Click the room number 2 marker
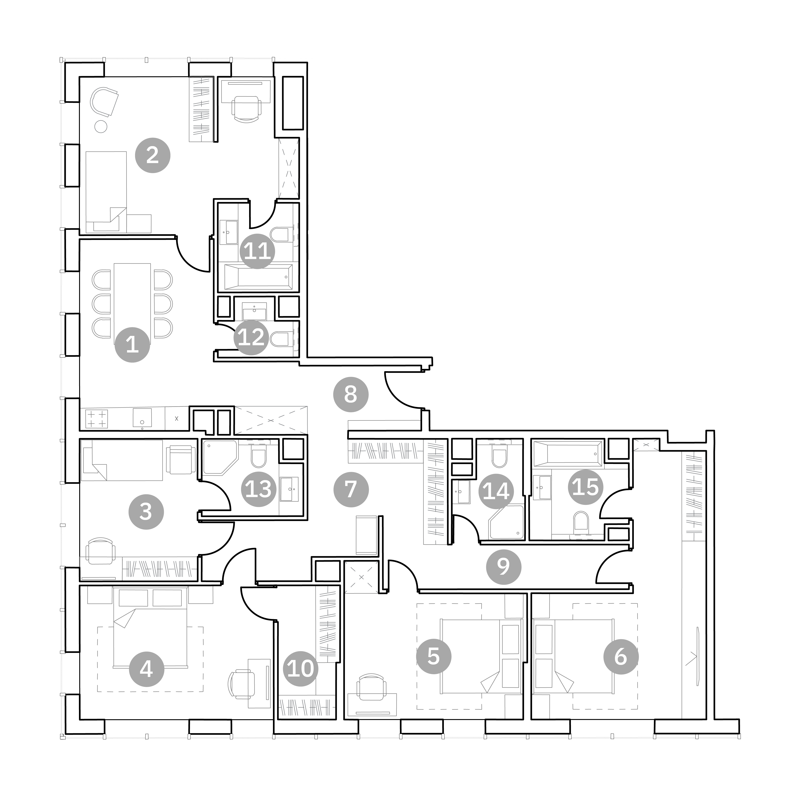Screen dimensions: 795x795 click(x=153, y=155)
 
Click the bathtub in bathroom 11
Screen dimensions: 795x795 click(x=258, y=277)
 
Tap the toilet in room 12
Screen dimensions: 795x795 click(x=280, y=339)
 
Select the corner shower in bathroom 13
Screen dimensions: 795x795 click(x=220, y=458)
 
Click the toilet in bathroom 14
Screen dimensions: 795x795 click(x=500, y=457)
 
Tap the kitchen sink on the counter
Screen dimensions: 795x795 click(x=142, y=418)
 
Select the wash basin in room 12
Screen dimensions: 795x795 click(x=254, y=311)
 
